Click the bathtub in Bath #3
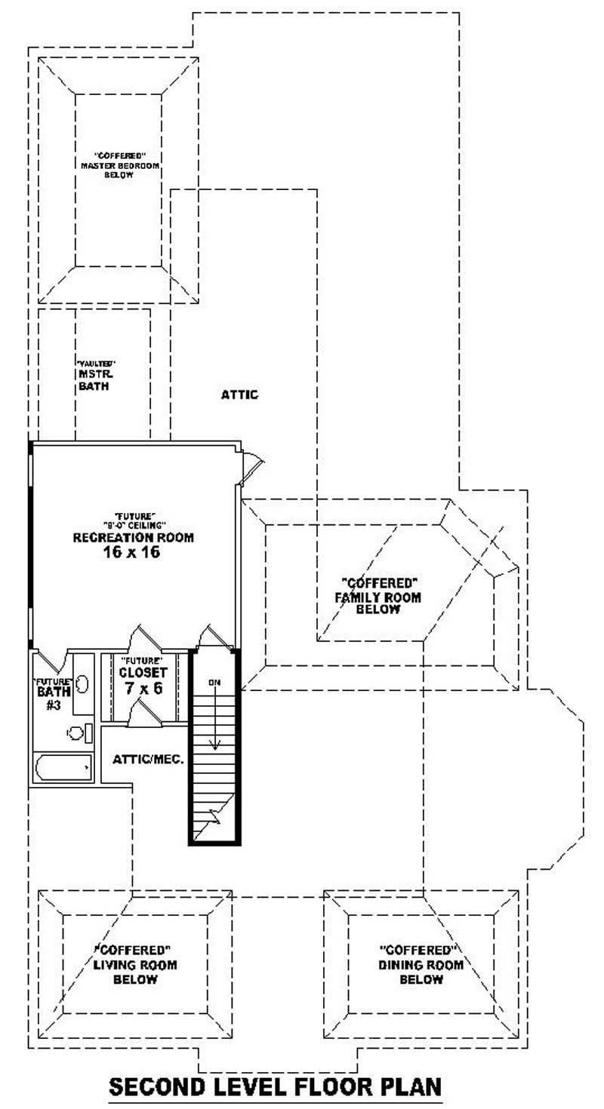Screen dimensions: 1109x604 [63, 767]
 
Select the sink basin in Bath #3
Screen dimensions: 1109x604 [82, 684]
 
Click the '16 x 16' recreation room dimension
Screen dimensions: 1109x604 [133, 552]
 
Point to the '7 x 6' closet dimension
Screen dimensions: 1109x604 [143, 687]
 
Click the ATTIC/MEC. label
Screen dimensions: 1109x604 [149, 759]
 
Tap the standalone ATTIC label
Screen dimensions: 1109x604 [240, 395]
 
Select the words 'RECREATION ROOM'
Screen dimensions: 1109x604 [133, 538]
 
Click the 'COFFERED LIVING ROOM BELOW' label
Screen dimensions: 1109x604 [136, 964]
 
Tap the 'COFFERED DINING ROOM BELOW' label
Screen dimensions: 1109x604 [421, 964]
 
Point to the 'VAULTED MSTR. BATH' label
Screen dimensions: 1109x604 [96, 375]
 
